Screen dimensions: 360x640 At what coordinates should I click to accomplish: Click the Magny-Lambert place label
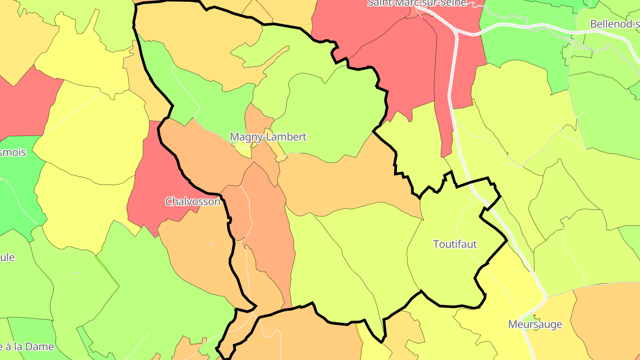coord(268,137)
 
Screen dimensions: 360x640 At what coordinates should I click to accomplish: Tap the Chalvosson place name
coord(192,202)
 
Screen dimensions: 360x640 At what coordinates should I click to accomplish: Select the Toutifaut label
coord(455,244)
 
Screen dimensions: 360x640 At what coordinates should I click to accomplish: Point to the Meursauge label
coord(535,324)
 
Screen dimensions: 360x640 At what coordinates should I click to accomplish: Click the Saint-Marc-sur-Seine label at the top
coord(417,3)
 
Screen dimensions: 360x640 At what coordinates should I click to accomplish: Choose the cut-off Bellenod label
coord(615,24)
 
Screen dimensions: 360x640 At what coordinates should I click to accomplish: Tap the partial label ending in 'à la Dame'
coord(27,347)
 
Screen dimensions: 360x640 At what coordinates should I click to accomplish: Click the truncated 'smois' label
coord(13,152)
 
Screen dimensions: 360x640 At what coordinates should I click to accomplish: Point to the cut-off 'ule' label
coord(8,257)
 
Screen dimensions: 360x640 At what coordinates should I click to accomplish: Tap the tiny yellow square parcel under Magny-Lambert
coord(244,150)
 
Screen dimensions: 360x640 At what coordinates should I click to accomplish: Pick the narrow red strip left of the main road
coord(444,111)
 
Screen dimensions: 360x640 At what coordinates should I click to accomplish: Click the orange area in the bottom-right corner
coord(609,320)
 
